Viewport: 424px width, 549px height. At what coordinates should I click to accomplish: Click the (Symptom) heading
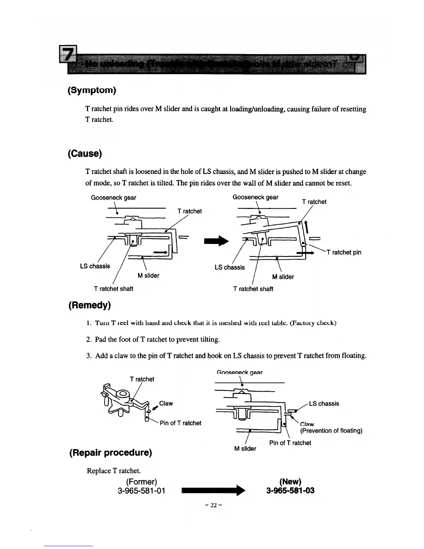tap(92, 90)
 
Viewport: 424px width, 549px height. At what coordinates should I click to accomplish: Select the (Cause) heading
tap(85, 154)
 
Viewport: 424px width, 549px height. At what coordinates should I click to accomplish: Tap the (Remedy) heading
tap(89, 305)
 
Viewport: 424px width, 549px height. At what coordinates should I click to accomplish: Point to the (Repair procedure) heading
tap(111, 453)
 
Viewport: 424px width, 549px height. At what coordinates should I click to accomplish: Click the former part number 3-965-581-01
tap(141, 491)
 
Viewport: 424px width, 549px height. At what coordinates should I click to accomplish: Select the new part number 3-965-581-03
tap(290, 491)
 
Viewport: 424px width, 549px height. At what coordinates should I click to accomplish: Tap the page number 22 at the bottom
tap(213, 505)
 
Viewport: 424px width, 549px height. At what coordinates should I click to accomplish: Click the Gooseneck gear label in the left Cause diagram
tap(113, 198)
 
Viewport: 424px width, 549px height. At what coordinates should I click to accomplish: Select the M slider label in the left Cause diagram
tap(148, 276)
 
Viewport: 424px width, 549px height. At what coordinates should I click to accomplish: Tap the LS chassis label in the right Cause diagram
tap(229, 268)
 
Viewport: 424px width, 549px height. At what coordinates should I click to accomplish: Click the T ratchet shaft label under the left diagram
tap(113, 289)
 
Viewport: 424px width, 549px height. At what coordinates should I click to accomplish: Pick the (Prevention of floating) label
tap(331, 431)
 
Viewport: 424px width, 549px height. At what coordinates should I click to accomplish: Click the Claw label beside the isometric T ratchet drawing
tap(166, 403)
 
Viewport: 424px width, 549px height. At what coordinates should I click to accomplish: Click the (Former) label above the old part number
tap(141, 482)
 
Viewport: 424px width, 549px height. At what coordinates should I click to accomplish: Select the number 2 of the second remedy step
tap(88, 340)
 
